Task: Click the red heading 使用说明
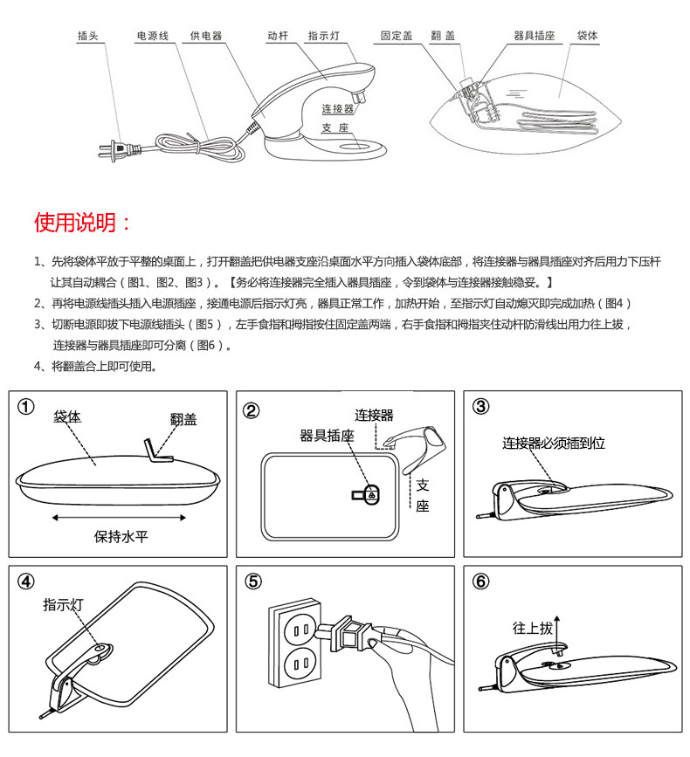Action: pos(83,222)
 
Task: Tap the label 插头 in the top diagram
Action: pos(88,37)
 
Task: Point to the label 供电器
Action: pos(206,37)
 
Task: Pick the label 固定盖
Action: pos(397,37)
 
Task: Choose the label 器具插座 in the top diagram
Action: pos(534,37)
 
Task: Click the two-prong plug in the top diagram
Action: pos(113,151)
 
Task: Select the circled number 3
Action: pos(481,407)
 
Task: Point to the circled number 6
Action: pos(481,582)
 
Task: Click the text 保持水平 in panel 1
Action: pos(121,536)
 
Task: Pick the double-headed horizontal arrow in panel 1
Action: pos(121,517)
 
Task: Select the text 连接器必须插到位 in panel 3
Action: pos(554,444)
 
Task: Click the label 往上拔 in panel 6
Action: pos(533,628)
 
